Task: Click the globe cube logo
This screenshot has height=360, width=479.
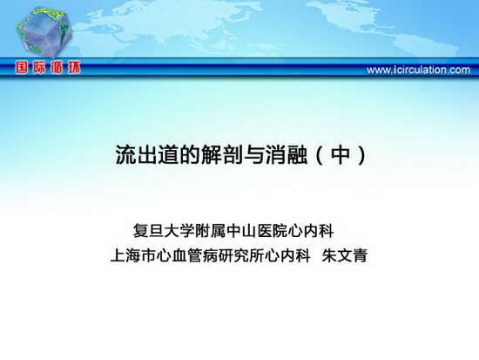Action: (x=44, y=32)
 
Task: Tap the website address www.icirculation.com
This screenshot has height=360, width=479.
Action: (x=418, y=70)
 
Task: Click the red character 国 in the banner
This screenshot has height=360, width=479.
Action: (x=22, y=67)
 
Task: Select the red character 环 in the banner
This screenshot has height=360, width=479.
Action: (x=73, y=67)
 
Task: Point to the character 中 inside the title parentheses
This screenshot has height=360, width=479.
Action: (x=341, y=154)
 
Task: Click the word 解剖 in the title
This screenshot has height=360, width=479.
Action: (x=222, y=154)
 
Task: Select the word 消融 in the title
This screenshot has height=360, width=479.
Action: (x=287, y=154)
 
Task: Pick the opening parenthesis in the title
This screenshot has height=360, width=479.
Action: (x=320, y=155)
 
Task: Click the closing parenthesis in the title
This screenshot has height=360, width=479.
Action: (x=361, y=155)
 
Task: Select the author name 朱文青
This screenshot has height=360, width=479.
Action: (x=345, y=255)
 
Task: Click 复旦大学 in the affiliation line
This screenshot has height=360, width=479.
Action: (x=164, y=231)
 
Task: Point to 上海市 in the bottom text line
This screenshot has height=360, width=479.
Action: (x=133, y=255)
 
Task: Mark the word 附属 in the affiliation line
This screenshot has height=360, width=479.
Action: (x=210, y=231)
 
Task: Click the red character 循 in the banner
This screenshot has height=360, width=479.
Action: (x=57, y=67)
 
